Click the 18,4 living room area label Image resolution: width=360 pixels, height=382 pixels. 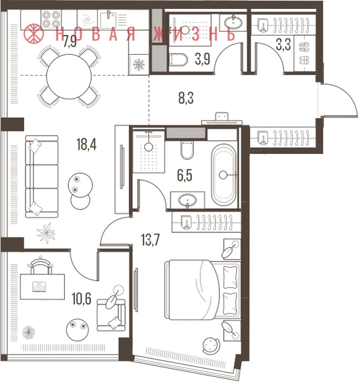tap(87, 145)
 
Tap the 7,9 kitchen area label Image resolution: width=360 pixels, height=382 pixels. tap(70, 41)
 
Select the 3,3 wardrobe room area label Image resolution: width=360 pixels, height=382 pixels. tap(283, 45)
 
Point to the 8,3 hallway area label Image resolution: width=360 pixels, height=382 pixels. tap(186, 98)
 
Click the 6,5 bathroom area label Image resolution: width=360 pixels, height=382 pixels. tap(184, 176)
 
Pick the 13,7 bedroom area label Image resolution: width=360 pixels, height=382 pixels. tap(151, 239)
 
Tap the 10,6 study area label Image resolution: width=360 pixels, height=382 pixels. tap(81, 299)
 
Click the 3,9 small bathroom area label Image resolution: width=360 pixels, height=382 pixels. tap(202, 59)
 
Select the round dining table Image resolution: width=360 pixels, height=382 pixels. tap(69, 76)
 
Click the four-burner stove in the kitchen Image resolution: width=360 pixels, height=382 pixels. tap(51, 20)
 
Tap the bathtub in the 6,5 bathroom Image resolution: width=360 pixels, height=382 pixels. tap(224, 175)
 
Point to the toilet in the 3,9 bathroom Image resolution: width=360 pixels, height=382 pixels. tap(179, 60)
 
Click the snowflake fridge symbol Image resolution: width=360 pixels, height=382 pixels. tap(139, 64)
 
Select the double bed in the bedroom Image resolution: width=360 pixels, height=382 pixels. tap(202, 290)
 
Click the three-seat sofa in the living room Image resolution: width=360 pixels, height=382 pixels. tap(42, 176)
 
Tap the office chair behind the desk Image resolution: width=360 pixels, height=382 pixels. tap(41, 265)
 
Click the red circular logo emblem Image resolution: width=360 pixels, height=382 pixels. tap(34, 33)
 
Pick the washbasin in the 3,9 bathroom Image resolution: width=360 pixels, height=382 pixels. tap(233, 23)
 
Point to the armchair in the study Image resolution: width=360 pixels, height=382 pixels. tap(111, 315)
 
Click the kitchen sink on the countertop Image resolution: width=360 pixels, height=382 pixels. tap(107, 19)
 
